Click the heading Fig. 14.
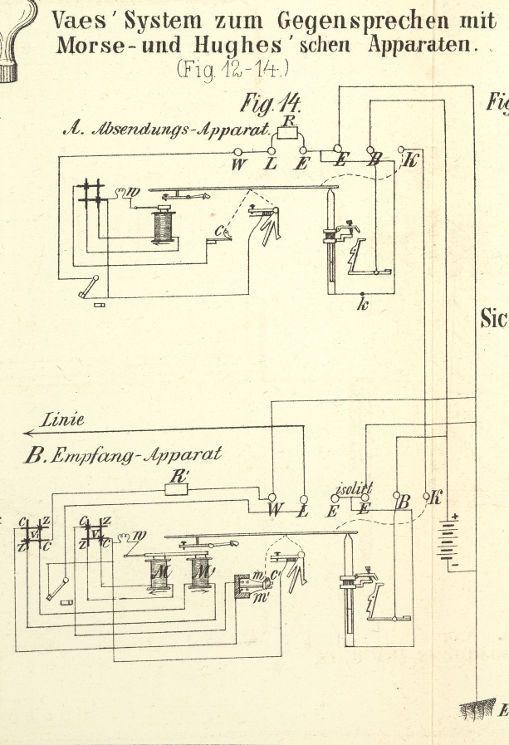pyautogui.click(x=270, y=104)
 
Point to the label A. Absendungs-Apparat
pyautogui.click(x=167, y=130)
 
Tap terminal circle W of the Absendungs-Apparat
pyautogui.click(x=238, y=151)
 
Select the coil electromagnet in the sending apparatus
pyautogui.click(x=164, y=225)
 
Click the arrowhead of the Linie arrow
pyautogui.click(x=28, y=432)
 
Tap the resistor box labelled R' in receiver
pyautogui.click(x=176, y=488)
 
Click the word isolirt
pyautogui.click(x=355, y=487)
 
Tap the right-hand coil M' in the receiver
pyautogui.click(x=200, y=572)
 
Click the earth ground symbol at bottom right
pyautogui.click(x=478, y=708)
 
